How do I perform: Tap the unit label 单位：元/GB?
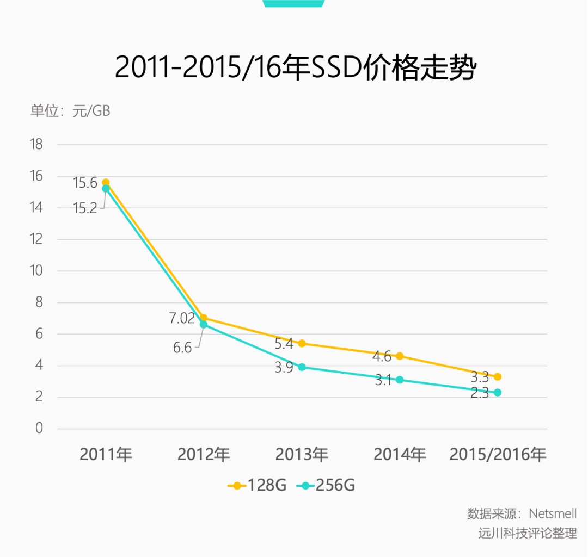(70, 111)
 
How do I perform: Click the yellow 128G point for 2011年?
(106, 183)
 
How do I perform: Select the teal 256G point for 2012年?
(204, 325)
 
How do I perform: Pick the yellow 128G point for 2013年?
(302, 343)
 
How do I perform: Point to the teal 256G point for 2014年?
(400, 380)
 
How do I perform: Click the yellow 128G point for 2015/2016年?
(497, 376)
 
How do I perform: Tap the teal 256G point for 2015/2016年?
(497, 392)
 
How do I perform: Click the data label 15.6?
(85, 183)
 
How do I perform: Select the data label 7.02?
(182, 318)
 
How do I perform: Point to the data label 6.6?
(182, 348)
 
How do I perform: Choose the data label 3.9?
(284, 367)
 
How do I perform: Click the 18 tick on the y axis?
(36, 145)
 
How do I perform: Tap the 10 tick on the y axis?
(36, 271)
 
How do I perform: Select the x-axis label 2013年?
(302, 454)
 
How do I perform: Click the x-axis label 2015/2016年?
(497, 454)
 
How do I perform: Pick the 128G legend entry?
(257, 485)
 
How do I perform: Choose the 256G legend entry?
(326, 485)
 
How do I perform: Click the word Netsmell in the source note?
(553, 513)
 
